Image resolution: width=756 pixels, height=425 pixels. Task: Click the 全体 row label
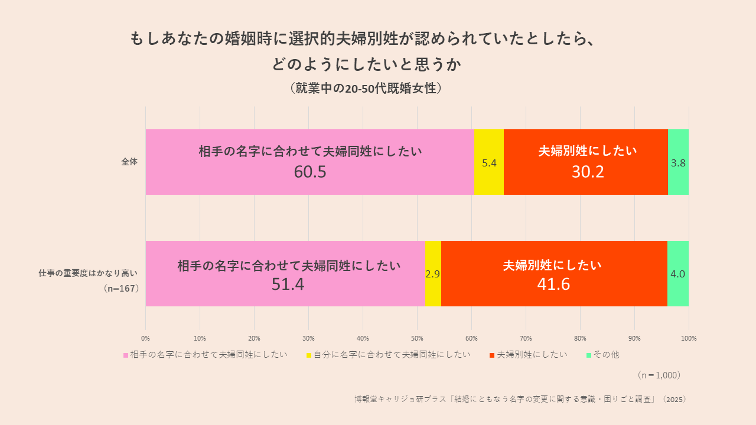[129, 162]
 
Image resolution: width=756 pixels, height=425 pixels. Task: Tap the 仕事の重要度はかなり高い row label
[88, 273]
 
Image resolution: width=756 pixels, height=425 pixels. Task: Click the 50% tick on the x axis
[417, 338]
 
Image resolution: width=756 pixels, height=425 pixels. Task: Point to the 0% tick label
[145, 338]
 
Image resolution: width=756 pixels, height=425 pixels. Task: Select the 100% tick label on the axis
[689, 338]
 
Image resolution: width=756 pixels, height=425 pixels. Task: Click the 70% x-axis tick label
[526, 338]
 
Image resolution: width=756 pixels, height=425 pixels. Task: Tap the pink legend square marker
[126, 355]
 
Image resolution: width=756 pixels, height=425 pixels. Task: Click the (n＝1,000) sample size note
[659, 375]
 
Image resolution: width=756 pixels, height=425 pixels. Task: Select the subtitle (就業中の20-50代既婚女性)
[366, 89]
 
